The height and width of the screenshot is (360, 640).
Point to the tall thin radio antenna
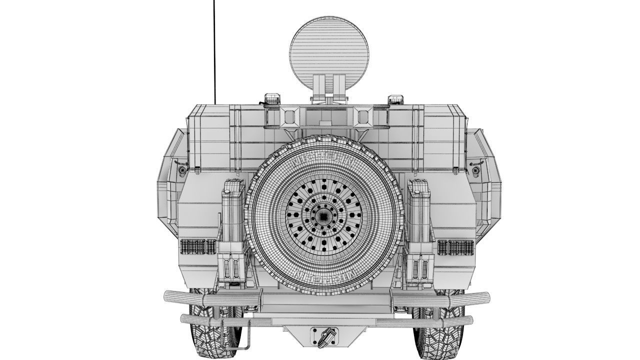click(x=214, y=50)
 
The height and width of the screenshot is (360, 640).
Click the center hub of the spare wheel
click(x=324, y=216)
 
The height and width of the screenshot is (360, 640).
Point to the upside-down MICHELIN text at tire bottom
click(x=324, y=275)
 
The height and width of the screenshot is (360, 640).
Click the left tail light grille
click(x=197, y=246)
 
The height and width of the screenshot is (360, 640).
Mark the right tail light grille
click(x=455, y=246)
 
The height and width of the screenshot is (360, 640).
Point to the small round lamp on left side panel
click(x=182, y=170)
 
